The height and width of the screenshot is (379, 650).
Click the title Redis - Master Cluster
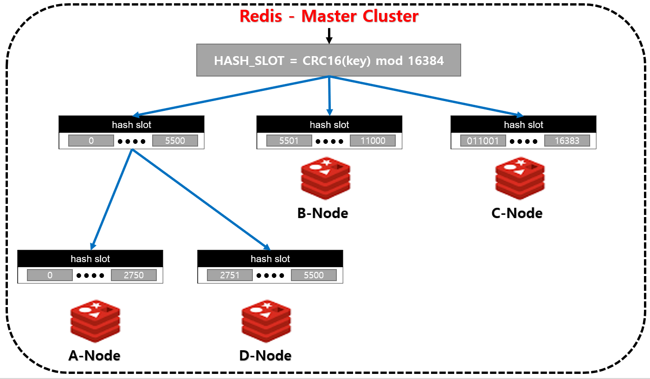click(x=328, y=16)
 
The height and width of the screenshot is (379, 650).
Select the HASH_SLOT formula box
click(x=328, y=60)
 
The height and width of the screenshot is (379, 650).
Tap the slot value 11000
click(x=373, y=141)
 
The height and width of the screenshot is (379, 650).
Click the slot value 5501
click(x=289, y=141)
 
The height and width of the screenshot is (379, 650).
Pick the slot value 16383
click(x=567, y=141)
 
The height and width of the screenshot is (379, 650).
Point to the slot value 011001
click(x=483, y=141)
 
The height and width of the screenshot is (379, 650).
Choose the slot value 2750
click(x=134, y=275)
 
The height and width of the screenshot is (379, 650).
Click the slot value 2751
click(x=230, y=275)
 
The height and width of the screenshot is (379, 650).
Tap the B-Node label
click(x=322, y=213)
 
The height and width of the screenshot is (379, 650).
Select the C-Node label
click(x=517, y=213)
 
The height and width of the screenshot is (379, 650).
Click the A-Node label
click(x=94, y=355)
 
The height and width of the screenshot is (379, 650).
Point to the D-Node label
click(x=265, y=355)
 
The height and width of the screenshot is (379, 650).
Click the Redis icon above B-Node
click(x=325, y=178)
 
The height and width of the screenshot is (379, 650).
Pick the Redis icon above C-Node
click(x=520, y=178)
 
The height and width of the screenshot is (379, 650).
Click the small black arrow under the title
click(x=329, y=36)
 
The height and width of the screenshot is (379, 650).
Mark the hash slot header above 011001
click(x=523, y=125)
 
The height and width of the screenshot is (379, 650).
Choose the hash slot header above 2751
click(x=270, y=259)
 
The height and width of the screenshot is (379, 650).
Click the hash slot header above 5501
click(x=329, y=125)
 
